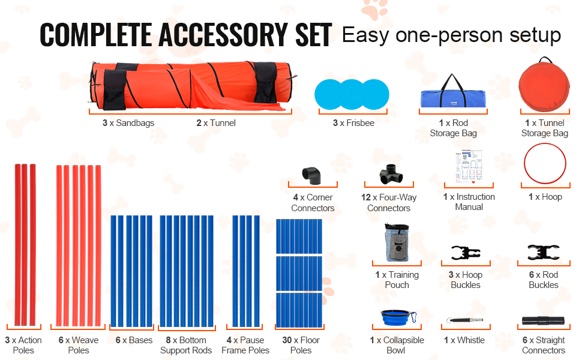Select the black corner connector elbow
pyautogui.click(x=311, y=176)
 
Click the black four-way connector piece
pyautogui.click(x=391, y=174)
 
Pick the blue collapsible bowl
pyautogui.click(x=395, y=317)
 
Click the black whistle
pyautogui.click(x=465, y=320)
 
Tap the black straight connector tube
pyautogui.click(x=543, y=320)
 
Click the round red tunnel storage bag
pyautogui.click(x=544, y=85)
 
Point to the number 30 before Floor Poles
pyautogui.click(x=287, y=340)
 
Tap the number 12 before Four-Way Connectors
pyautogui.click(x=366, y=197)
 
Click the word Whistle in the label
pyautogui.click(x=470, y=340)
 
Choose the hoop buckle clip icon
pyautogui.click(x=466, y=253)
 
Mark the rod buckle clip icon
pyautogui.click(x=544, y=253)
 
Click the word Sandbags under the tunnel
pyautogui.click(x=135, y=123)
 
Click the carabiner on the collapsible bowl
pyautogui.click(x=413, y=317)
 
